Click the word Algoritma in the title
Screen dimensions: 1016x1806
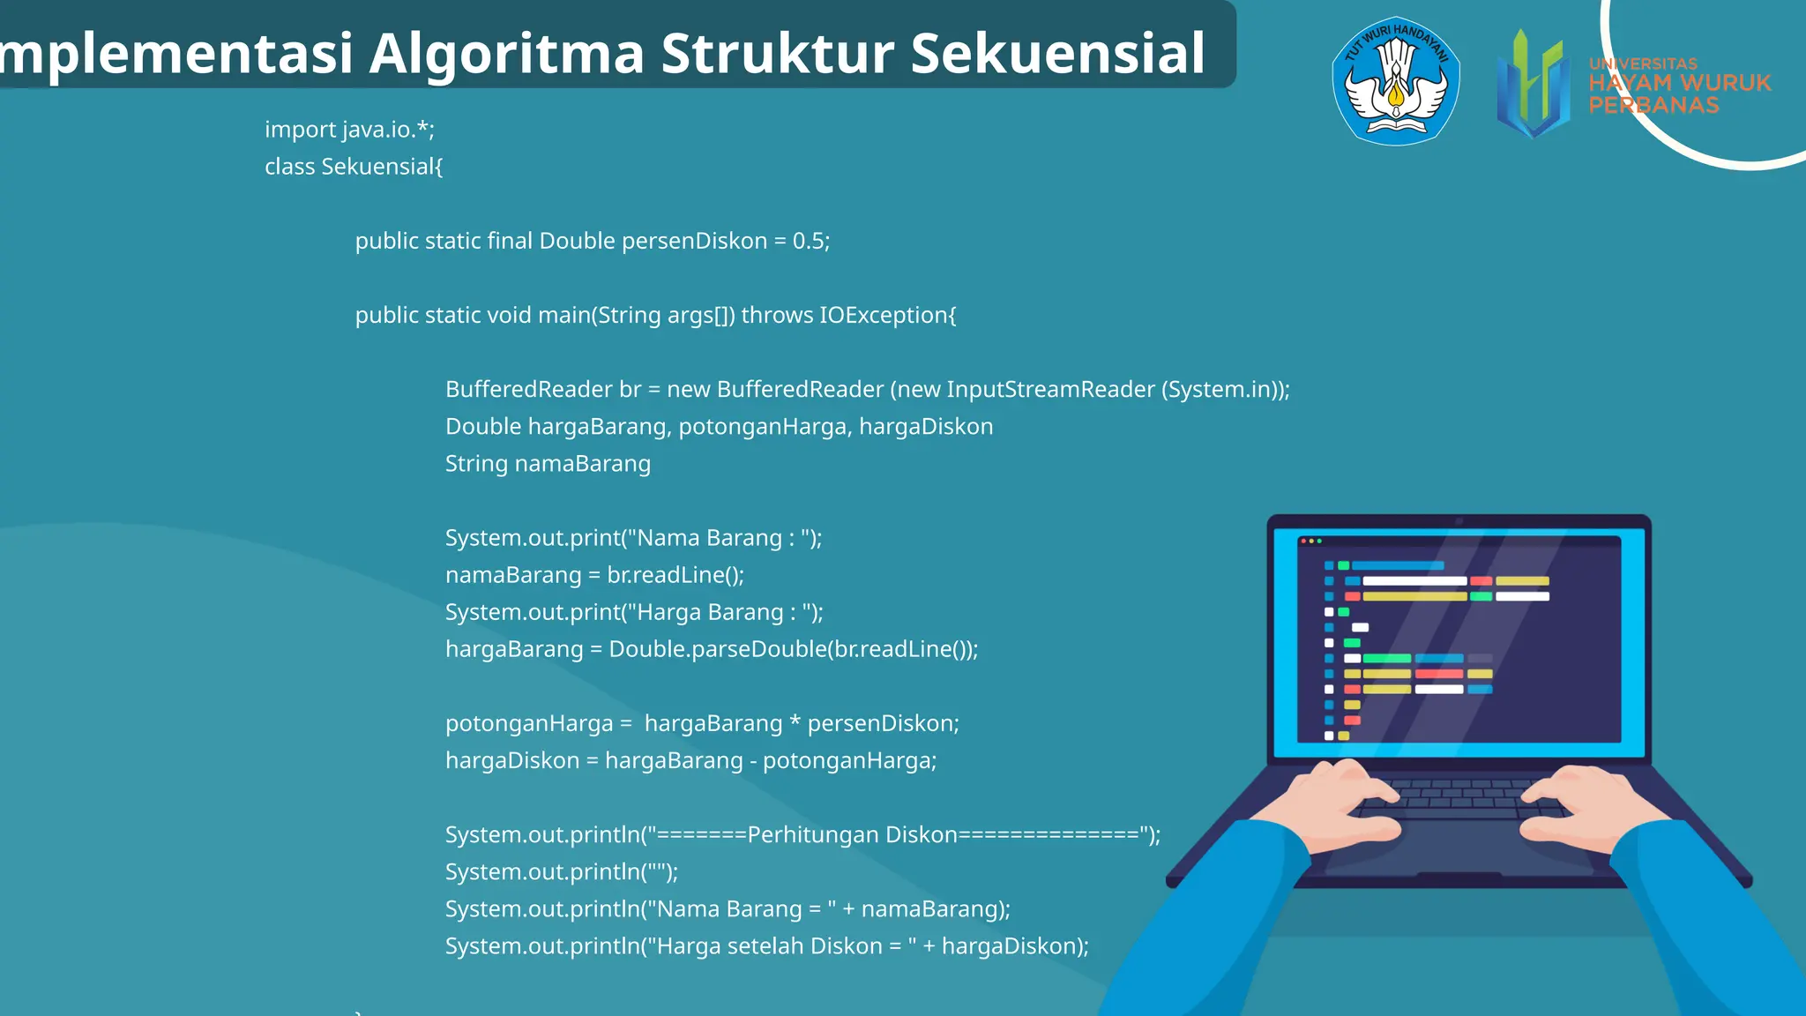(x=507, y=55)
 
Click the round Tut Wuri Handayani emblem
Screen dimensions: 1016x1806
(x=1395, y=81)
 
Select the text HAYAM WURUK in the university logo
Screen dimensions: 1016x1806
(x=1679, y=83)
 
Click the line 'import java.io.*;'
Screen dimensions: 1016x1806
(x=349, y=130)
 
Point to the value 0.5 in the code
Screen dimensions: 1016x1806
(x=808, y=241)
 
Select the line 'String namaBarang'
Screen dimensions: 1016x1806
(x=548, y=464)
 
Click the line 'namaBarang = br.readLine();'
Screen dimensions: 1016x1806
(x=594, y=575)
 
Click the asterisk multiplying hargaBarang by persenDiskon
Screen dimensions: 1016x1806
(x=795, y=723)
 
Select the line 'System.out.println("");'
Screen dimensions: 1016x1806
(x=561, y=872)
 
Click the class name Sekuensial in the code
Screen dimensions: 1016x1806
(x=380, y=167)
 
